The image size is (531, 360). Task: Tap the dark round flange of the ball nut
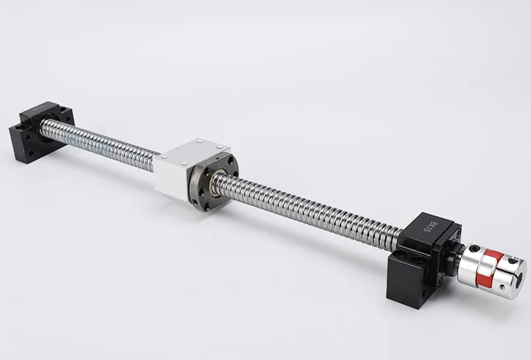click(213, 183)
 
